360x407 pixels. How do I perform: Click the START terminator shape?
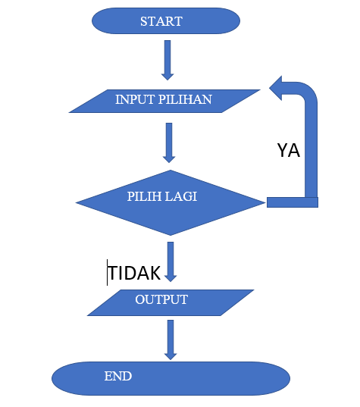click(167, 21)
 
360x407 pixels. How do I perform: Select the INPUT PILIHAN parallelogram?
click(164, 100)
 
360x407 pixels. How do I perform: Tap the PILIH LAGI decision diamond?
click(170, 202)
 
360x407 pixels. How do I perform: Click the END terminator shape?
click(171, 377)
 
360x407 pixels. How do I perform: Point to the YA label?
click(288, 150)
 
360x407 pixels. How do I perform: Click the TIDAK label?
click(135, 273)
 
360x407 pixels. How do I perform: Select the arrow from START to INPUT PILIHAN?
click(167, 60)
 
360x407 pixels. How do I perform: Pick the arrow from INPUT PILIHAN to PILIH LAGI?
click(169, 142)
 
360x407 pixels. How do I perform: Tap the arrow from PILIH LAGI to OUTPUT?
click(171, 261)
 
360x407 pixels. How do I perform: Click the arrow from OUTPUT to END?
click(171, 339)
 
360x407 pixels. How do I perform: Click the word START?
click(161, 21)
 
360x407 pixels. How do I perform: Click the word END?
click(117, 376)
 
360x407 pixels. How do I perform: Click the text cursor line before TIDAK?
click(108, 273)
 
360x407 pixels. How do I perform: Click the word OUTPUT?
click(161, 299)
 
